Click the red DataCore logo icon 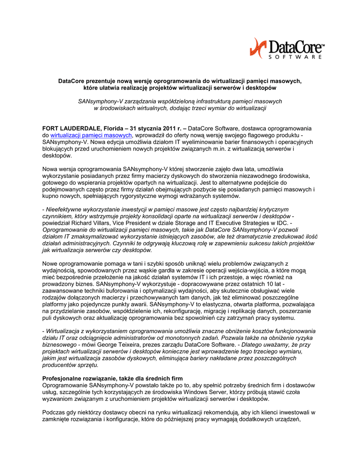point(259,48)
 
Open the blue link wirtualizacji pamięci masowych point(91,135)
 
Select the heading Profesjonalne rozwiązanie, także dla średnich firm point(112,378)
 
